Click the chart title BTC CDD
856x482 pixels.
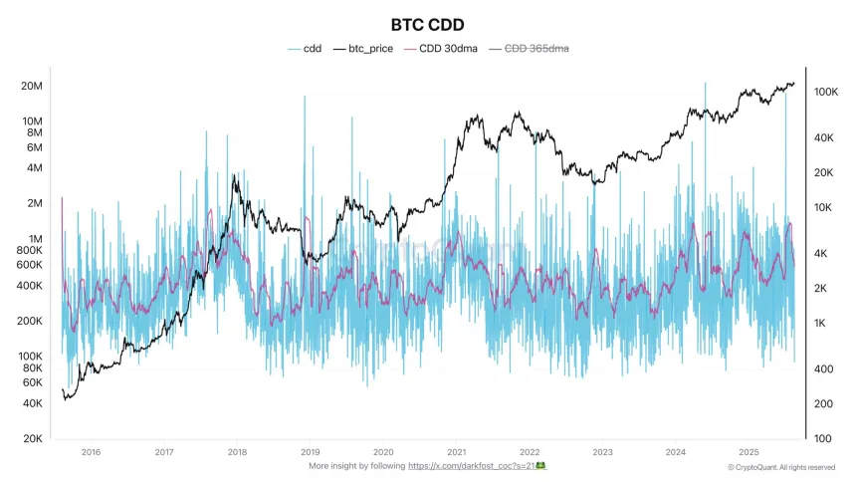tap(428, 24)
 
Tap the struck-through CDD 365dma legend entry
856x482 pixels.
tap(536, 48)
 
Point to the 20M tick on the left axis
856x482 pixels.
tap(31, 86)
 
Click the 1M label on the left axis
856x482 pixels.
tap(35, 239)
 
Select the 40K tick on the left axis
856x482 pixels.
tap(32, 403)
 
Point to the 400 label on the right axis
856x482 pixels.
tap(824, 369)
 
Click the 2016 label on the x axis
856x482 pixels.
tap(91, 452)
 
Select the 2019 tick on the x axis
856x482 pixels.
tap(311, 452)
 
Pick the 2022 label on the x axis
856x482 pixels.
tap(530, 452)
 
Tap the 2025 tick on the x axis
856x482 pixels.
tap(749, 452)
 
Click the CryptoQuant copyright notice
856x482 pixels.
tap(781, 467)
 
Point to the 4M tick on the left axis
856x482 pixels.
tap(35, 167)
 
